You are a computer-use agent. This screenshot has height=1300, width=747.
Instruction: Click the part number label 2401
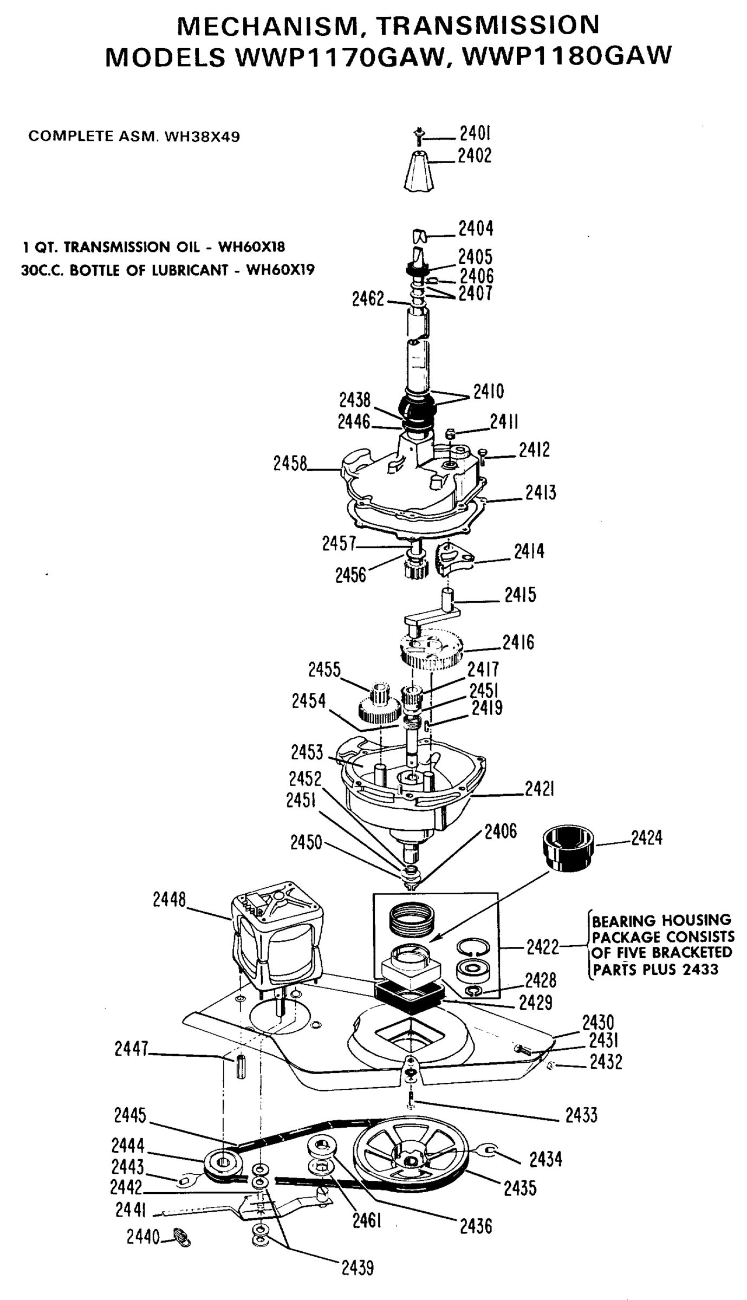pyautogui.click(x=475, y=133)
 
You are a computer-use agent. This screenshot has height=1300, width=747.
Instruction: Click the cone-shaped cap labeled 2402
pyautogui.click(x=419, y=171)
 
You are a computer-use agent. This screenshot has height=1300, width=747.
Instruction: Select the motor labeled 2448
pyautogui.click(x=276, y=939)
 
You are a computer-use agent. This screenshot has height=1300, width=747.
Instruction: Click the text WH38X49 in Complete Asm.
pyautogui.click(x=202, y=136)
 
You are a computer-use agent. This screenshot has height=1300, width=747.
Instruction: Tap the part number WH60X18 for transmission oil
pyautogui.click(x=251, y=248)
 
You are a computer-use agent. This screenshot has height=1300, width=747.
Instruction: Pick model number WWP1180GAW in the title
pyautogui.click(x=567, y=56)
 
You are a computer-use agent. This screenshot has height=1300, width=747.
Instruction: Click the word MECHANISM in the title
pyautogui.click(x=265, y=25)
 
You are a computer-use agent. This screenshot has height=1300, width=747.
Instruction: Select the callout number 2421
pyautogui.click(x=540, y=789)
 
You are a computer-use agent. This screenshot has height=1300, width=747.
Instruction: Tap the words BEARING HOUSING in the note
pyautogui.click(x=661, y=920)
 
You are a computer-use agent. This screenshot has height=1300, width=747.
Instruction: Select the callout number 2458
pyautogui.click(x=290, y=464)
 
